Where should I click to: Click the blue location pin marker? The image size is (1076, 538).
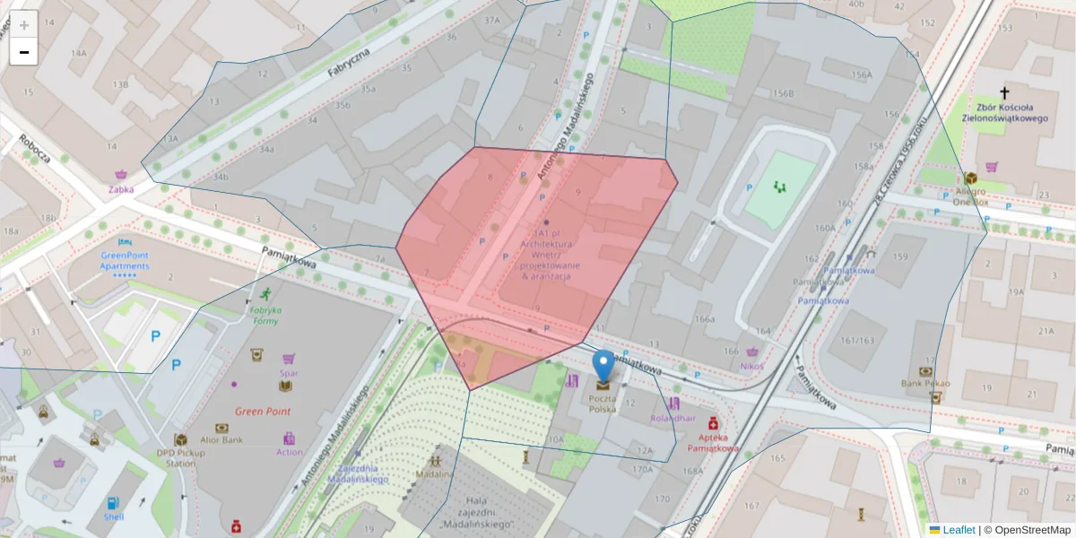603,366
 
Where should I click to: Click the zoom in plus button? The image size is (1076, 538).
24,25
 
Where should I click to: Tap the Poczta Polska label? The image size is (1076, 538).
603,403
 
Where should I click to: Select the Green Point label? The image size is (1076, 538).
263,412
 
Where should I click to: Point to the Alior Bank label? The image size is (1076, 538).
222,440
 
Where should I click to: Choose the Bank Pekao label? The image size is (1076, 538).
926,384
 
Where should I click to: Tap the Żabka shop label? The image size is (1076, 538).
121,189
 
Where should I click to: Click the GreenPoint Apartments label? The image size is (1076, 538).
125,261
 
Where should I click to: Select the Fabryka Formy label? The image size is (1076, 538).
265,315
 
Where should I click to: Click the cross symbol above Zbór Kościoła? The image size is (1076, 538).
1004,93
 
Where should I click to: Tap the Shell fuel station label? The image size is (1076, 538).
113,516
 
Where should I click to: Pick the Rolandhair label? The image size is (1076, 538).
672,417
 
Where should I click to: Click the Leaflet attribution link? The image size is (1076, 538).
958,530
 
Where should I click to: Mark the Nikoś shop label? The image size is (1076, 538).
751,365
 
